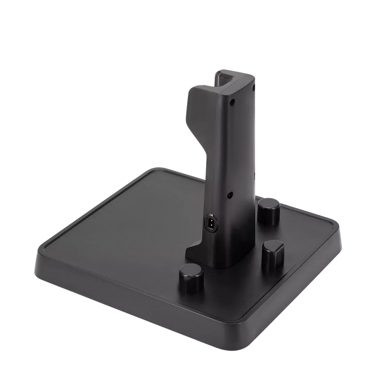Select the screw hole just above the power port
[x=230, y=195]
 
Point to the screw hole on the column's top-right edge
[x=253, y=87]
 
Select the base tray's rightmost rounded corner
[x=345, y=230]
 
